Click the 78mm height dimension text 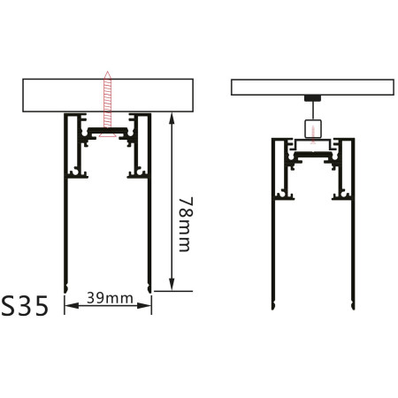coord(183,225)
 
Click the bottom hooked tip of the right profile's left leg coord(273,308)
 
